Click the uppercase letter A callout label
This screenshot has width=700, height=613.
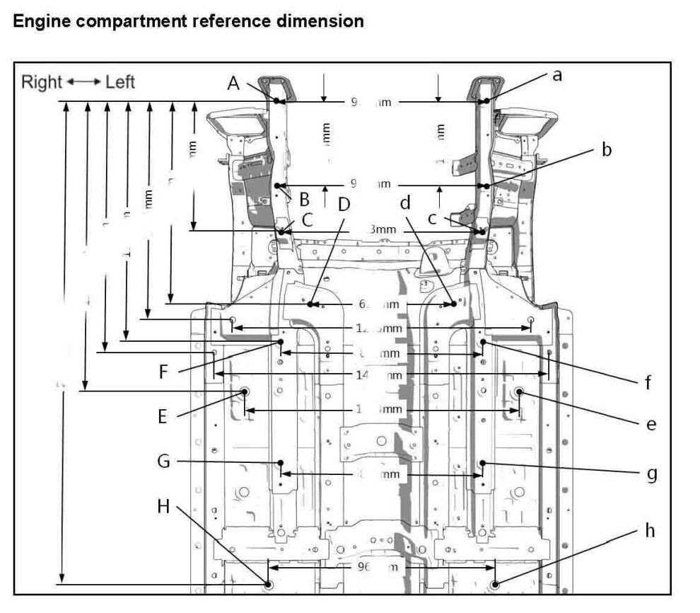(x=234, y=83)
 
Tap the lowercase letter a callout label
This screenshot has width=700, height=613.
(x=556, y=75)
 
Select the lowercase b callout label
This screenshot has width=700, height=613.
(x=606, y=150)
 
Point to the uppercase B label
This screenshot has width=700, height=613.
(x=305, y=198)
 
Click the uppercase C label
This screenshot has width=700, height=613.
(x=307, y=219)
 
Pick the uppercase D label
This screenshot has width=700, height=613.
(x=344, y=205)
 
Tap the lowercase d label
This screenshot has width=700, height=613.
(x=405, y=203)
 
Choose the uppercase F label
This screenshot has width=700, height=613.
(x=163, y=372)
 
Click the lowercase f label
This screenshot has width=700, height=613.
(x=647, y=383)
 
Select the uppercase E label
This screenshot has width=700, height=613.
(x=163, y=417)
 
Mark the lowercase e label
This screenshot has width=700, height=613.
(x=651, y=424)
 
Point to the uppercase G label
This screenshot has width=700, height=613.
(x=164, y=462)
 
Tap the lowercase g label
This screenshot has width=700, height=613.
(x=652, y=473)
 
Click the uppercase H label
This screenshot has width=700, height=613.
(x=164, y=506)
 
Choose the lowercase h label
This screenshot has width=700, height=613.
(x=651, y=530)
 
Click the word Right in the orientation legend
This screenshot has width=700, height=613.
(x=42, y=82)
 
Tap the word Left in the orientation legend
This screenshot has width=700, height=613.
(x=120, y=82)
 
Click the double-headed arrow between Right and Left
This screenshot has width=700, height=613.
(x=83, y=82)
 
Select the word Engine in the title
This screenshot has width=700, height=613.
(x=42, y=21)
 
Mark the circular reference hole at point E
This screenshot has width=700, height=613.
(x=245, y=391)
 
